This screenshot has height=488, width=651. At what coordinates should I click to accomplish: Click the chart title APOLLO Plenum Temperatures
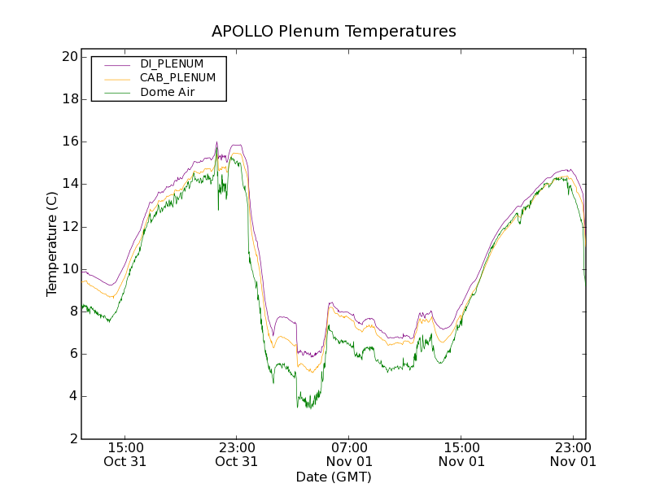tap(334, 32)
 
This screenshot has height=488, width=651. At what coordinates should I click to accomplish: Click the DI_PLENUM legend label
tap(172, 63)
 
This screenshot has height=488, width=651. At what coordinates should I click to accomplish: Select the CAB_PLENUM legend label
tap(177, 78)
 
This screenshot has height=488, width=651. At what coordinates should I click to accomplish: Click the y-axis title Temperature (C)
tap(52, 244)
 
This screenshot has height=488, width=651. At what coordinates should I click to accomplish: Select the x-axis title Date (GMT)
tap(334, 477)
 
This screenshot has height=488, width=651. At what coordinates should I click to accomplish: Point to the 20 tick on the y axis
tap(68, 57)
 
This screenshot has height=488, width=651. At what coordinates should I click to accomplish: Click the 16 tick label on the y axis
tap(68, 142)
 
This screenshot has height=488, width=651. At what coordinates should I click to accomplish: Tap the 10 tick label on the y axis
tap(68, 269)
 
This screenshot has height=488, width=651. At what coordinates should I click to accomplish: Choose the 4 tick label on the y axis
tap(72, 396)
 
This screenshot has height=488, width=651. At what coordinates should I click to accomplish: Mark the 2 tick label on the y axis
tap(72, 438)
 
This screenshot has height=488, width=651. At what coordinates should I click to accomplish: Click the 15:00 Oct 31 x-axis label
tap(125, 454)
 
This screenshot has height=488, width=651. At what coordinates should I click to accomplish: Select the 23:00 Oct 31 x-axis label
tap(237, 454)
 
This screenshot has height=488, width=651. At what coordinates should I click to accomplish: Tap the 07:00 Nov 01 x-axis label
tap(349, 454)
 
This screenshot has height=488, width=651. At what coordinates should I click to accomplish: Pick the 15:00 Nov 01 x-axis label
tap(461, 454)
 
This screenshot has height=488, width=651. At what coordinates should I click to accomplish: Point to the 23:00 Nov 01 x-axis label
tap(573, 454)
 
